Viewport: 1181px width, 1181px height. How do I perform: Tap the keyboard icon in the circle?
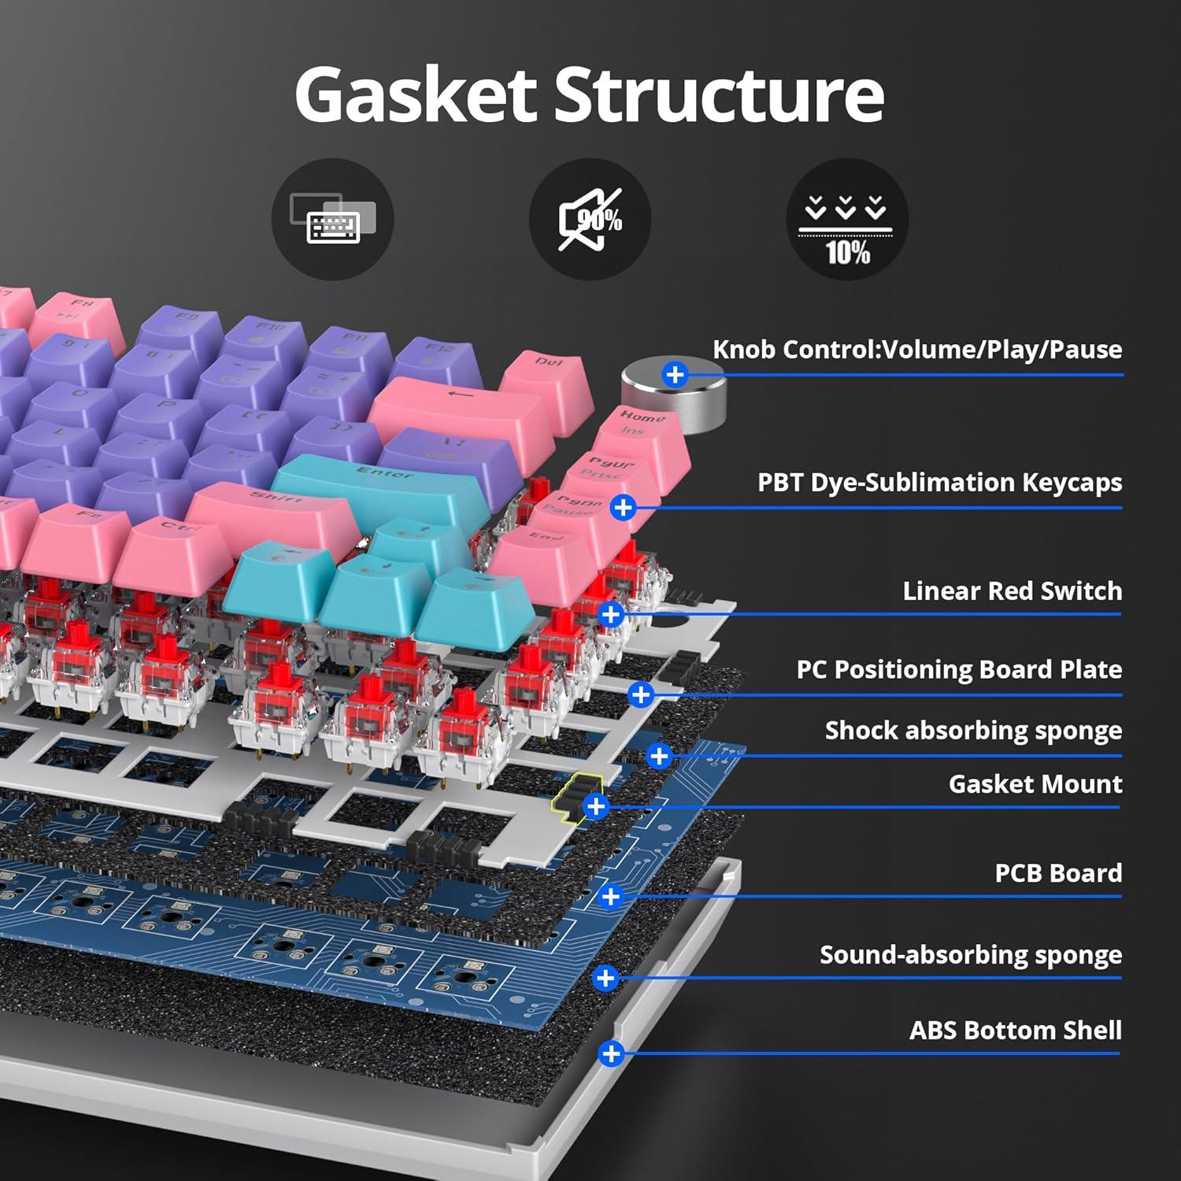coord(332,219)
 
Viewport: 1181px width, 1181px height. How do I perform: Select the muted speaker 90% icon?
coord(590,219)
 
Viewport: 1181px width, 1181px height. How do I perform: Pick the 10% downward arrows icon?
coord(846,219)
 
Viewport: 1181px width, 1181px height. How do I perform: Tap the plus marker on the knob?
coord(675,374)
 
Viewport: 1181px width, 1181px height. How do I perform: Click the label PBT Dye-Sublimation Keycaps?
coord(939,482)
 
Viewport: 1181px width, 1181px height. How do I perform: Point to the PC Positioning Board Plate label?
coord(958,669)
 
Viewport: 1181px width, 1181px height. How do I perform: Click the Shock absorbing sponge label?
coord(972,730)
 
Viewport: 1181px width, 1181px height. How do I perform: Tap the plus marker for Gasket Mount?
coord(596,806)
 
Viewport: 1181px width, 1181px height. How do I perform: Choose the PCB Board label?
coord(1057,872)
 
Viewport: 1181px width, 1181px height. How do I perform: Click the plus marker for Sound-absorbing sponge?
coord(605,978)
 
